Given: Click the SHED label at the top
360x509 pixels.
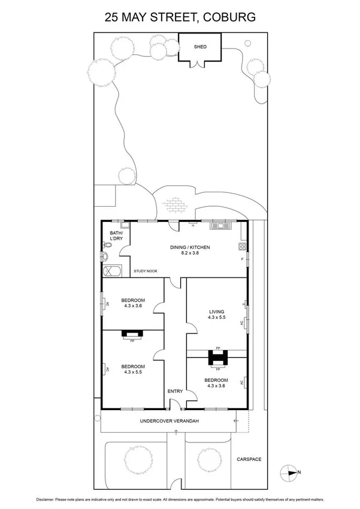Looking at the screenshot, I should click(199, 46).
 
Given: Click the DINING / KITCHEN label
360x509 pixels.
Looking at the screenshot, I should click(190, 247).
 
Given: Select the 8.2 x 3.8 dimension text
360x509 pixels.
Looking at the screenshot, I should click(190, 253).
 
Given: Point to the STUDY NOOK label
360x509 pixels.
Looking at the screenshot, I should click(146, 271).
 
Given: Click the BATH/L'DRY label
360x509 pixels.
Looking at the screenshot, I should click(116, 236).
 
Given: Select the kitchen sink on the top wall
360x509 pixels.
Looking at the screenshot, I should click(220, 225).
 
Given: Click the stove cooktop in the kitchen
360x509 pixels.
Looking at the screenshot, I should click(243, 246).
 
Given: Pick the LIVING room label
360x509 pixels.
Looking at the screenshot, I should click(216, 312).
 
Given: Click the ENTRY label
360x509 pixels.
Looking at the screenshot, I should click(175, 391).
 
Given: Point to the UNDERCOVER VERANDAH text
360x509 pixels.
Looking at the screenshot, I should click(170, 421).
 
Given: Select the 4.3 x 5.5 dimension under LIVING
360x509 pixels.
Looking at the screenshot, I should click(216, 318).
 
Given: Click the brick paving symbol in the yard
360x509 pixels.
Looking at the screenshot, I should click(176, 206).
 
